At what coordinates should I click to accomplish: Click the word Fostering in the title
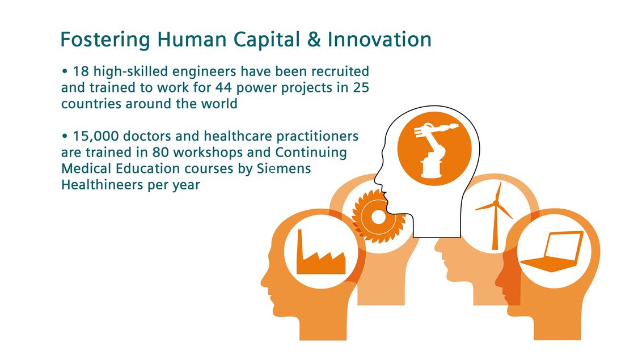[105, 40]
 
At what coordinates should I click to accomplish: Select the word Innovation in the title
[379, 40]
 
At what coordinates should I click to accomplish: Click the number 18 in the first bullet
[81, 71]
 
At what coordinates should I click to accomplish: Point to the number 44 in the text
[223, 87]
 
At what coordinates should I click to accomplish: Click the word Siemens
[284, 168]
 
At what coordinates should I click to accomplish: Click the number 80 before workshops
[160, 153]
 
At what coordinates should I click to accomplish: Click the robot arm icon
[434, 149]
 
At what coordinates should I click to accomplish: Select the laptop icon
[552, 251]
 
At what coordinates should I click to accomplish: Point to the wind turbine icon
[495, 215]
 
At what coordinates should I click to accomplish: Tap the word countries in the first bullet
[91, 104]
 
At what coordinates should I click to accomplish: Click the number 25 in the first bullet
[361, 87]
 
